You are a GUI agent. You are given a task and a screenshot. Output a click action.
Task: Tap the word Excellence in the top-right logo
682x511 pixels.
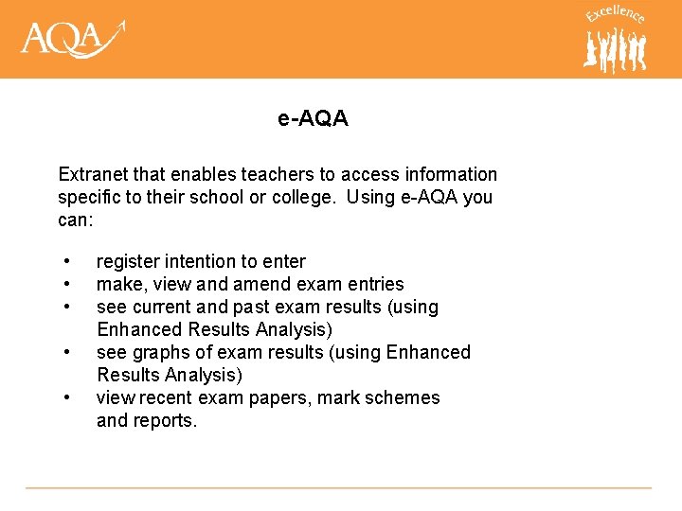pyautogui.click(x=615, y=13)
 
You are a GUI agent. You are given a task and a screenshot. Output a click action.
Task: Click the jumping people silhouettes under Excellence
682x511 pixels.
pyautogui.click(x=616, y=49)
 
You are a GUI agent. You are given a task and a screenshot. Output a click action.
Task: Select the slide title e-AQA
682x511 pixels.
pyautogui.click(x=313, y=118)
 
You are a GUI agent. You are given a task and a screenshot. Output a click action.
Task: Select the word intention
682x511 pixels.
pyautogui.click(x=199, y=261)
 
